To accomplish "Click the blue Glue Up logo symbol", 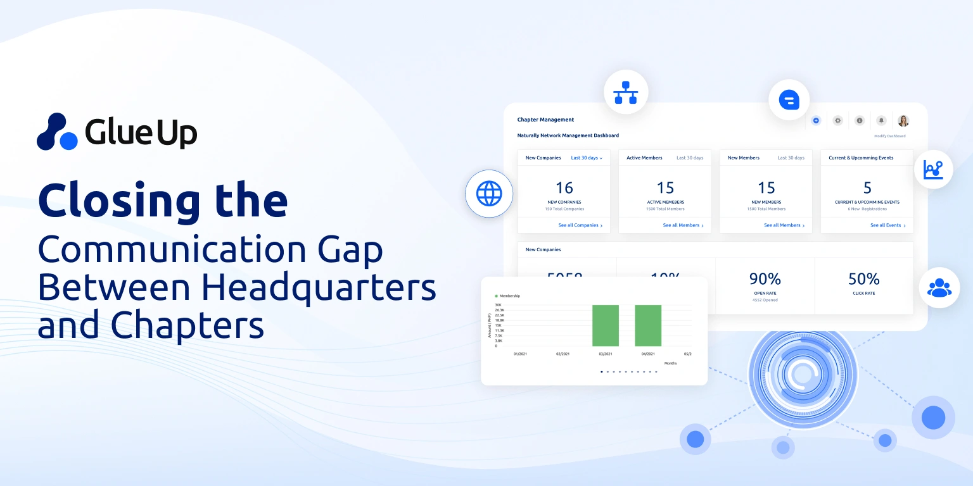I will pos(58,132).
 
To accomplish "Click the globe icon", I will pos(488,194).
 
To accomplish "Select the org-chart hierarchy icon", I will pos(625,92).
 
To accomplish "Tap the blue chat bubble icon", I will pos(789,100).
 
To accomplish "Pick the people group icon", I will pos(939,287).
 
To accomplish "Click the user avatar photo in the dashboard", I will pos(903,120).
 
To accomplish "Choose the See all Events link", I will pos(887,225).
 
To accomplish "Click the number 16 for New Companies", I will pos(564,188).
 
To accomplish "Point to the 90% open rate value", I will pos(765,279).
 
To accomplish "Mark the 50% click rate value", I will pos(864,279).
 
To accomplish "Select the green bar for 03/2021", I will pos(605,325).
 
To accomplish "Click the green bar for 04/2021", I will pos(648,325).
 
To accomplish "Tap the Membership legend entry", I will pos(509,296).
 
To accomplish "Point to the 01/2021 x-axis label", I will pos(520,354).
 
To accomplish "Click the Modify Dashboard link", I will pos(889,136).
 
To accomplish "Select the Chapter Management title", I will pos(545,120).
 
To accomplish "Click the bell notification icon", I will pos(881,120).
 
